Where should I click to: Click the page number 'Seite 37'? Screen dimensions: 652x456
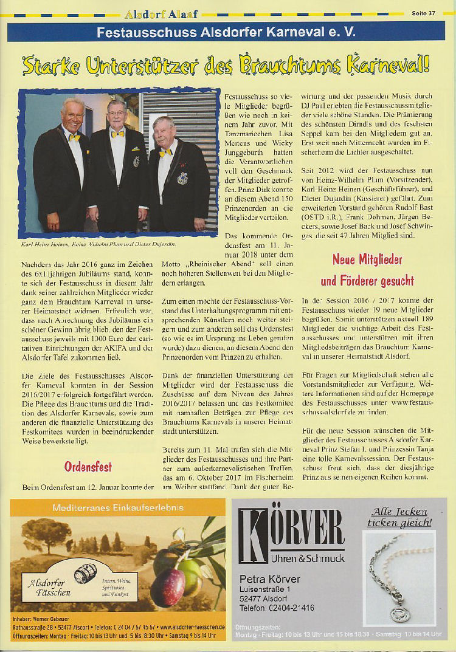pos(423,13)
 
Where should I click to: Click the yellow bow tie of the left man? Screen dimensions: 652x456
pos(74,138)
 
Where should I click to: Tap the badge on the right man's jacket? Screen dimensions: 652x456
pos(182,178)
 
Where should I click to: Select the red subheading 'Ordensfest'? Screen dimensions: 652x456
pos(88,467)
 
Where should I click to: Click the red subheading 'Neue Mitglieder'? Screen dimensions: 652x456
pos(367,260)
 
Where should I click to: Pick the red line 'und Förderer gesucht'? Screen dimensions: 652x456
pos(367,281)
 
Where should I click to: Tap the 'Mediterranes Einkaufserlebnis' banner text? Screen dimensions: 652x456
pos(118,507)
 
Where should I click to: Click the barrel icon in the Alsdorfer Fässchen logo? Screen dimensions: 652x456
pos(86,573)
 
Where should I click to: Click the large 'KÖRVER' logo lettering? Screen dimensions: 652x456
pos(291,529)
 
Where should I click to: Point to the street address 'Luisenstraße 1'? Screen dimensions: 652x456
pos(269,589)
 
